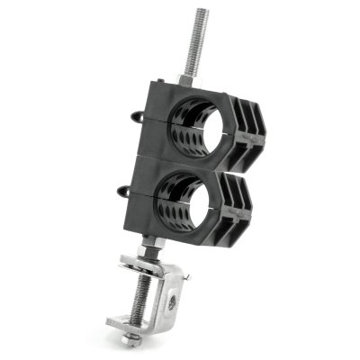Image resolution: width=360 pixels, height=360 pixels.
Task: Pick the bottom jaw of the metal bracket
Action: [x=135, y=322]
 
